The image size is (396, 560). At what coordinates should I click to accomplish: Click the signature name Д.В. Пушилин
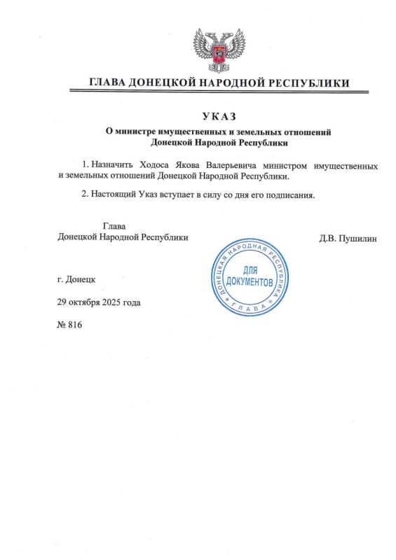pos(348,238)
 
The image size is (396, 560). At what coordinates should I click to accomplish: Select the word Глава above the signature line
pos(114,225)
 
